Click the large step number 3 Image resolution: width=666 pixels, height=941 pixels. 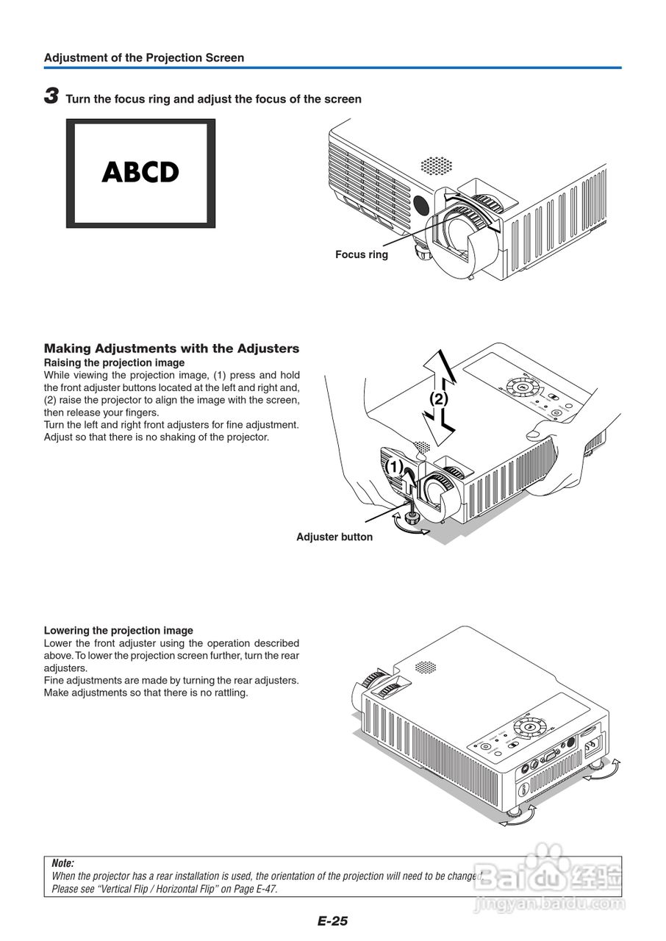click(x=51, y=96)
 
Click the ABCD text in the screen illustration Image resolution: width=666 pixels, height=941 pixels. click(x=140, y=172)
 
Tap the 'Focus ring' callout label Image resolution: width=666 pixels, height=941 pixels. click(x=361, y=254)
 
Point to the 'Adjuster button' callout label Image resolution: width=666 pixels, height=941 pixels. click(x=334, y=537)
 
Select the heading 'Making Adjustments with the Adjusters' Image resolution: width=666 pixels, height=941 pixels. click(x=171, y=348)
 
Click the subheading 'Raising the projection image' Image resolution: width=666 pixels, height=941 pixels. click(x=114, y=362)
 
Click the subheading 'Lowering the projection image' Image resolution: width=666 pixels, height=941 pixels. click(x=118, y=630)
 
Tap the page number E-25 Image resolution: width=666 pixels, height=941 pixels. click(x=332, y=920)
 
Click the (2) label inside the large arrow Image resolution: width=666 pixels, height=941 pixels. click(x=438, y=399)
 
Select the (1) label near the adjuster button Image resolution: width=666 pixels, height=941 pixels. click(x=395, y=467)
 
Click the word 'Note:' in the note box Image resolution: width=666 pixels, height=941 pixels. click(x=63, y=864)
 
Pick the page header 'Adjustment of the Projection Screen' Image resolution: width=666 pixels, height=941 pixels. click(x=144, y=57)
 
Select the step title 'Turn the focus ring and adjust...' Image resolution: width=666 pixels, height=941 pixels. click(x=213, y=99)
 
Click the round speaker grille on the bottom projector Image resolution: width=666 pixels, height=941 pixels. click(x=425, y=667)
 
